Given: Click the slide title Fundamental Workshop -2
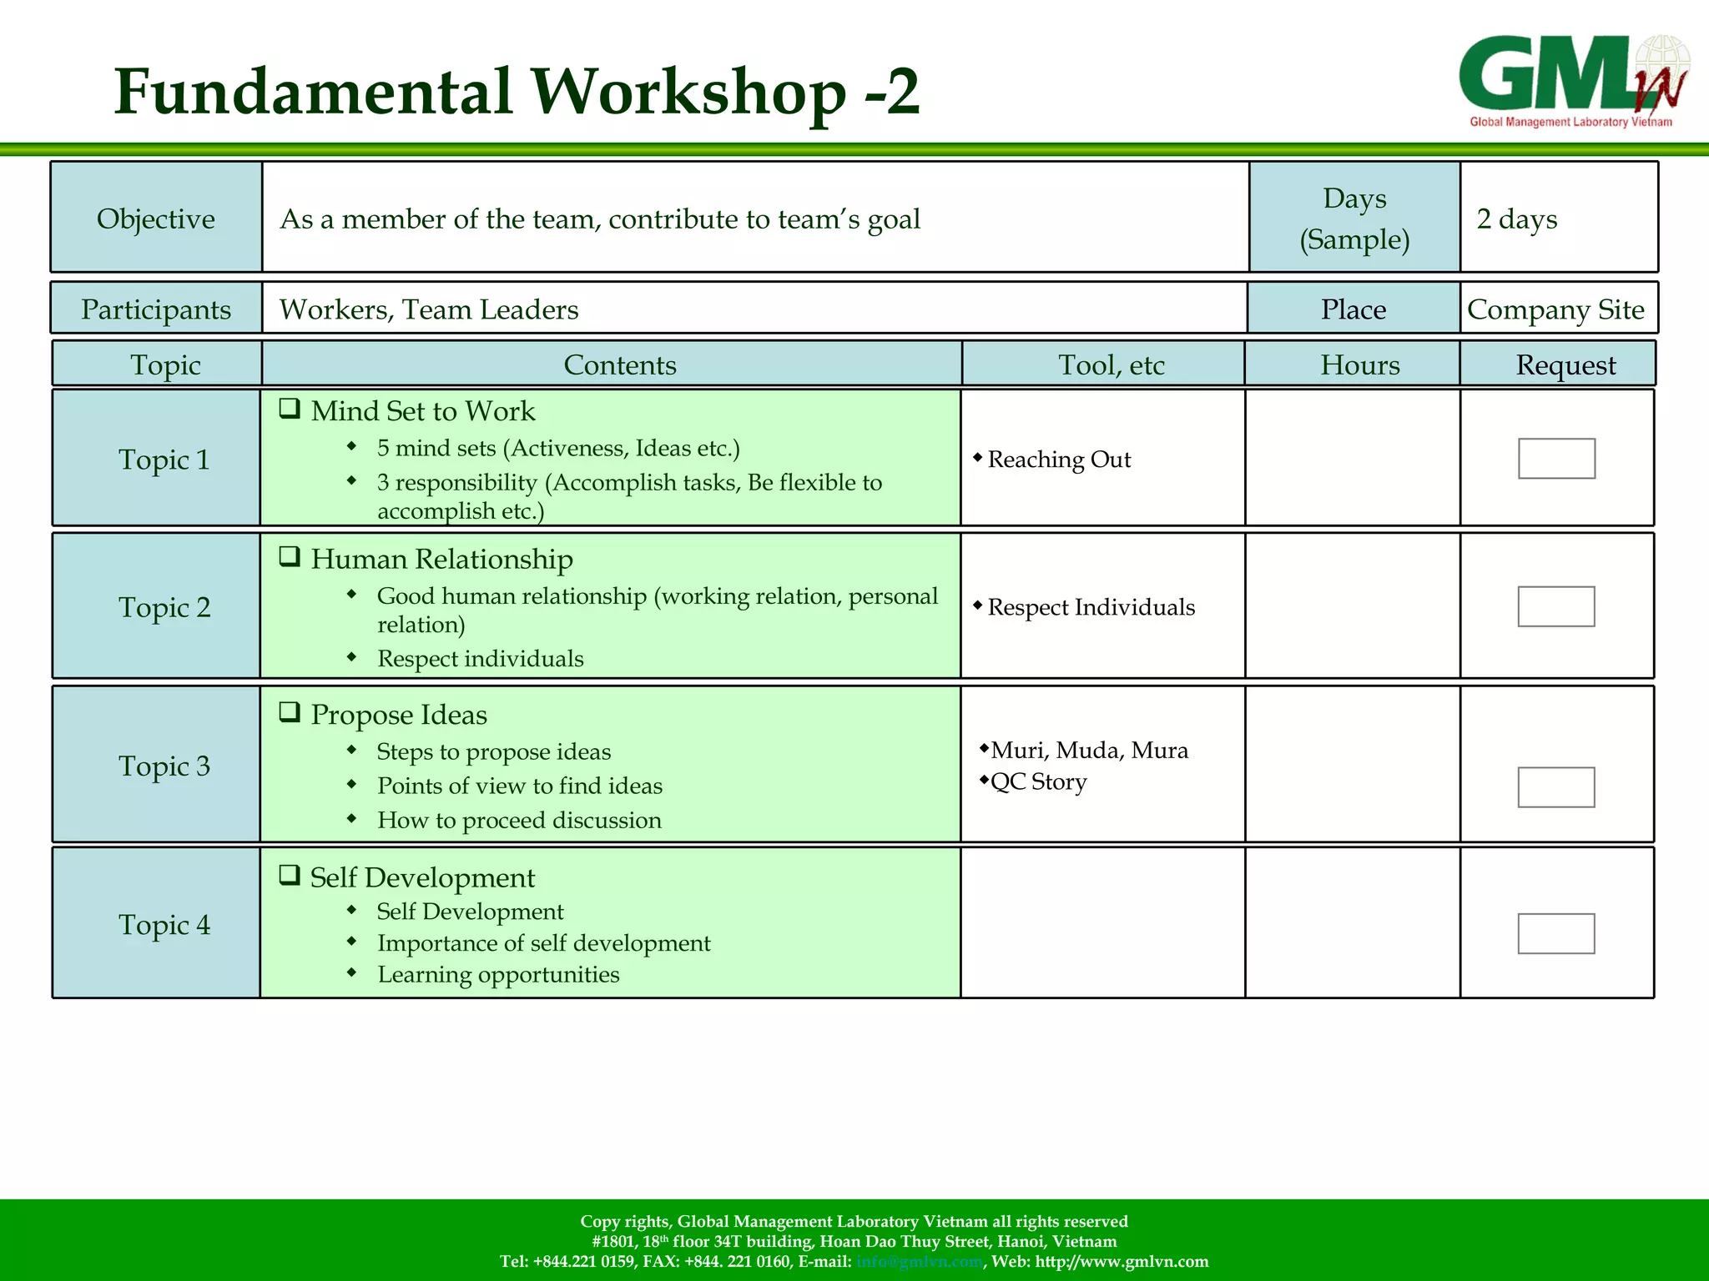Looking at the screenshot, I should pos(517,92).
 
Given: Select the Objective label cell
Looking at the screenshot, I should pos(156,219).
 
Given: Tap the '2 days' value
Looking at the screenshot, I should pos(1516,219).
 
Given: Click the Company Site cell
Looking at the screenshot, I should pos(1555,309).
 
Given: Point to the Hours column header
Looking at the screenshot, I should pos(1359,364).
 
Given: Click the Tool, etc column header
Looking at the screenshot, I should pos(1111,364).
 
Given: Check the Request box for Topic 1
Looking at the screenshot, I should pos(1556,459).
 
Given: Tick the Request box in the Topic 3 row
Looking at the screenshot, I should pos(1555,787).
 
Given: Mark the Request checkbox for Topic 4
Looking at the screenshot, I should pos(1555,933).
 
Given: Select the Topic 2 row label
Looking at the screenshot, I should pos(164,607).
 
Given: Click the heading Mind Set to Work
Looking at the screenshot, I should pos(422,411).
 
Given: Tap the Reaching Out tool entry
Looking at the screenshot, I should pos(1058,460).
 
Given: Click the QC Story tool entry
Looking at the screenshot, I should pos(1038,782).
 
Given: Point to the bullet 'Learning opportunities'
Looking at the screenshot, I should pos(498,974).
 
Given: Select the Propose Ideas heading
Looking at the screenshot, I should pos(398,715).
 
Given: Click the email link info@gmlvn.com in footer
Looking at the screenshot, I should pos(920,1262).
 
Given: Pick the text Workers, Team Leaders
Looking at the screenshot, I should pos(429,309).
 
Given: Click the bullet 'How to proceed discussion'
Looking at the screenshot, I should pos(519,821).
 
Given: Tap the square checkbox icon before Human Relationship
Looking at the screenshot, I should pos(290,556).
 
